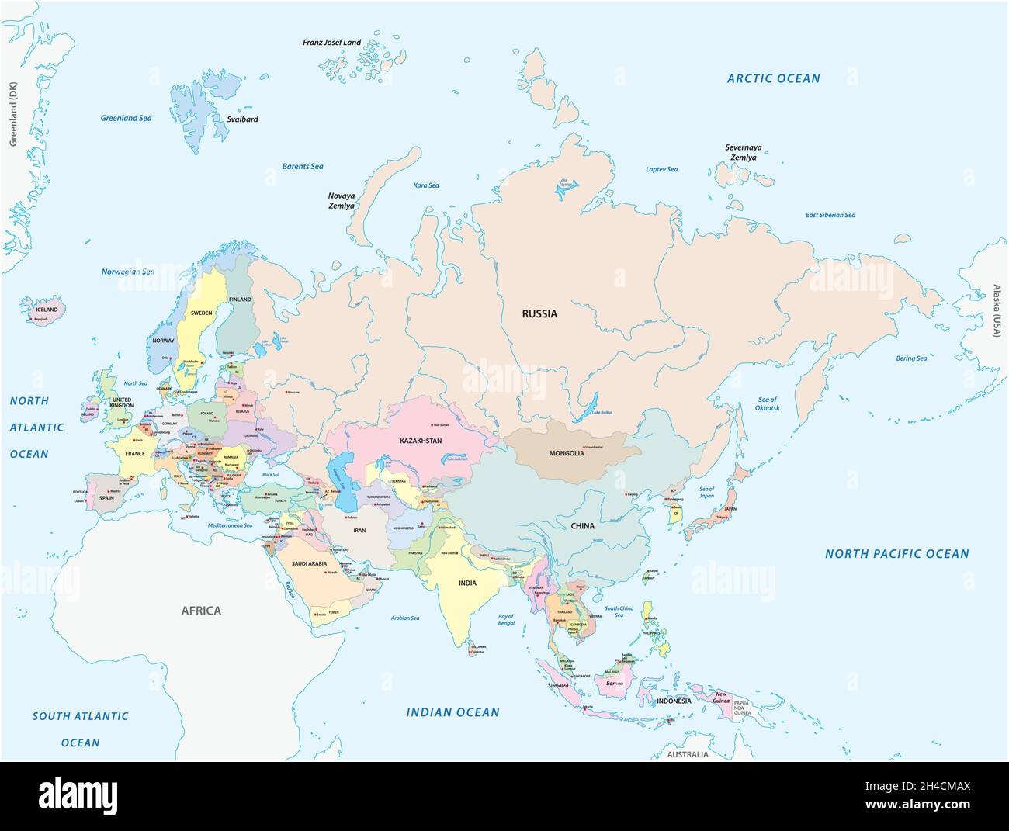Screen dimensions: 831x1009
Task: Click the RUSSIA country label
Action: [x=539, y=314]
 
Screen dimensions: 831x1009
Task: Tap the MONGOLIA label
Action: [x=566, y=453]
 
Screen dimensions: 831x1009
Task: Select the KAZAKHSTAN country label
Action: [x=421, y=441]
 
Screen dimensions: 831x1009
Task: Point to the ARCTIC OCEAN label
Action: [x=772, y=78]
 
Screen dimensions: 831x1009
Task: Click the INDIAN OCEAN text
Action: [x=453, y=712]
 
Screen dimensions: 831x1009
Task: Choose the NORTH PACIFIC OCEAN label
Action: [x=896, y=554]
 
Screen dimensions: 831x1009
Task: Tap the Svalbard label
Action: [x=242, y=119]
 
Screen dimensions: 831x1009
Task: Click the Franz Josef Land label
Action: [x=331, y=42]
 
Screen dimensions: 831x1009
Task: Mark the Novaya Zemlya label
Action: [x=341, y=201]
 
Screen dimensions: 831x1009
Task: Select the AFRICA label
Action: [x=201, y=611]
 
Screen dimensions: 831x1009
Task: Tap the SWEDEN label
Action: [x=201, y=313]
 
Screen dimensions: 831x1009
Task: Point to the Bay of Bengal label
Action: [x=505, y=621]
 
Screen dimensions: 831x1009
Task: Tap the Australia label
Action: [x=689, y=754]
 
